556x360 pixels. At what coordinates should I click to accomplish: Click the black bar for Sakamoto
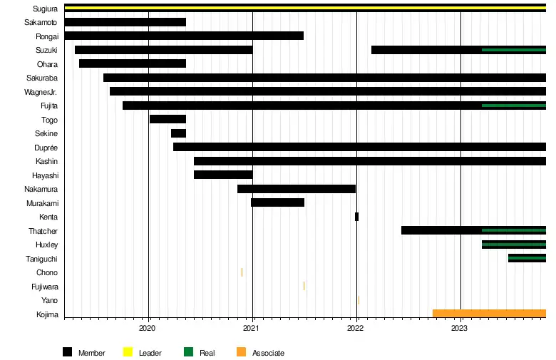(x=125, y=22)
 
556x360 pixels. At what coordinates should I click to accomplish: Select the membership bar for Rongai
(x=184, y=36)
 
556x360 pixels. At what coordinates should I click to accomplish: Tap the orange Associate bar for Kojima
(x=489, y=314)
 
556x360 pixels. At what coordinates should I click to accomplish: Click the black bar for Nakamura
(x=297, y=189)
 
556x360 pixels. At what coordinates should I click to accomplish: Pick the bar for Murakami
(x=277, y=202)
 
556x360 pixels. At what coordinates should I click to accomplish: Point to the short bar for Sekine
(x=178, y=133)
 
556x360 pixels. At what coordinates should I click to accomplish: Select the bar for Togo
(x=168, y=119)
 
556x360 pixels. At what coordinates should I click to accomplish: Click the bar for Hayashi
(x=223, y=175)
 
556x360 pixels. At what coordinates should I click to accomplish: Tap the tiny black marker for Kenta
(x=356, y=217)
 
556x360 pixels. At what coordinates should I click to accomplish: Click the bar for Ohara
(x=133, y=63)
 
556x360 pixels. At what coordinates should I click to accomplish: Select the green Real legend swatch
(x=189, y=352)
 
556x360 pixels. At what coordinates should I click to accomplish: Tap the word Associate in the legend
(x=268, y=353)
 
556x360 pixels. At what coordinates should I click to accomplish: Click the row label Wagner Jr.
(x=41, y=91)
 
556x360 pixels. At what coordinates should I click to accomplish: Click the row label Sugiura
(x=46, y=9)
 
